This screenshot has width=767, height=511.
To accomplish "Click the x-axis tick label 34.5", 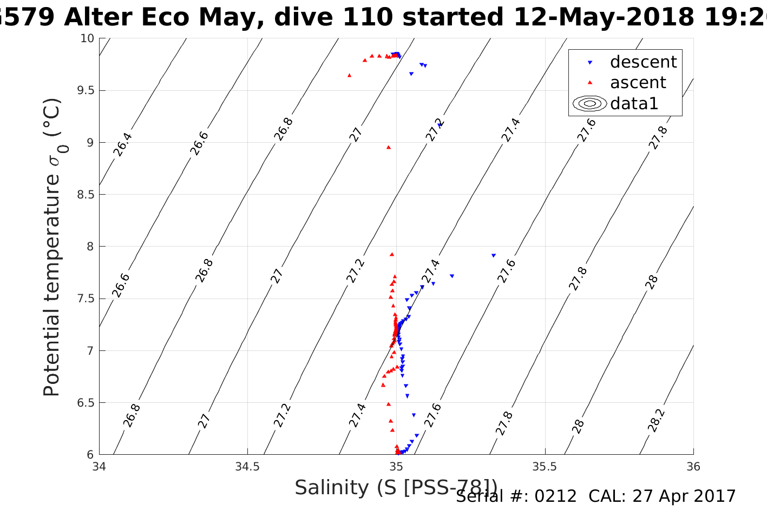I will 247,466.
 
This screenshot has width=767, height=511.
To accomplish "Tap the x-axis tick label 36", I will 693,466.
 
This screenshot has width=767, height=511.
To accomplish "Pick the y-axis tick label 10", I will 87,38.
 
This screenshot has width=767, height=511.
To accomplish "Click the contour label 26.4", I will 123,144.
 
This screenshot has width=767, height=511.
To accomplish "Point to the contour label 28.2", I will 656,420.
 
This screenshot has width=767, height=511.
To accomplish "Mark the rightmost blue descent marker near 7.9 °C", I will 493,255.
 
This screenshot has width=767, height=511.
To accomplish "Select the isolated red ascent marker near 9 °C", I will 388,147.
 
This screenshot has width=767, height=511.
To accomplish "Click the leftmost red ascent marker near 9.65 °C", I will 349,75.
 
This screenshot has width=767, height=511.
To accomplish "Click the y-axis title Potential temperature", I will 53,247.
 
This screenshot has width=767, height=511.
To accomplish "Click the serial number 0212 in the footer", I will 555,496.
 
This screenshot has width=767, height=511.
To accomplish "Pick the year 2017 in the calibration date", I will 716,496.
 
